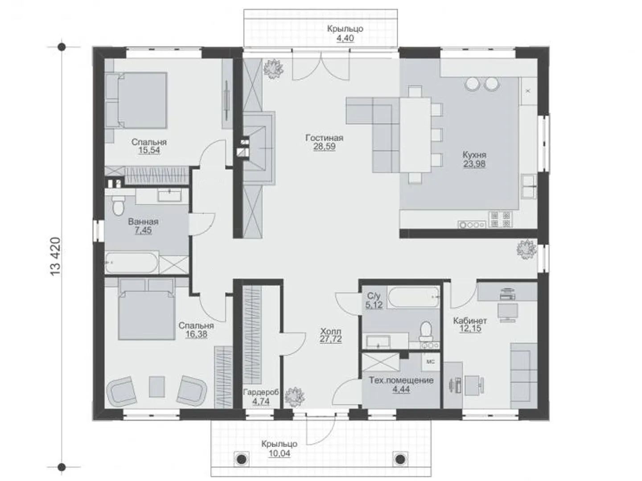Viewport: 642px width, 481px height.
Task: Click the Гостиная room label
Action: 324,137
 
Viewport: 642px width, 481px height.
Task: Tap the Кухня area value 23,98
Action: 474,164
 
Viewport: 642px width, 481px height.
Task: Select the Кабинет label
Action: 470,321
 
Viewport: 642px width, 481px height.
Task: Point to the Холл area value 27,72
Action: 331,339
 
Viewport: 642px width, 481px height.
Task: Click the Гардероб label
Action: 261,392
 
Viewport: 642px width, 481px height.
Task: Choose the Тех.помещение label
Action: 401,380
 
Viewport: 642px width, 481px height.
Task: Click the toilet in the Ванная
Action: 118,206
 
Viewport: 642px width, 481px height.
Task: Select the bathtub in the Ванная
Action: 132,263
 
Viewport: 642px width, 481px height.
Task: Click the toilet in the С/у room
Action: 426,331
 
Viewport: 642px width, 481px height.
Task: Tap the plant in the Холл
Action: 295,397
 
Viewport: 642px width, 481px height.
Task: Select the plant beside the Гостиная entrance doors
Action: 273,69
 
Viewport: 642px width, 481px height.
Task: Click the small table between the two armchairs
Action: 157,387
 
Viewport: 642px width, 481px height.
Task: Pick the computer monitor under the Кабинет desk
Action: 508,312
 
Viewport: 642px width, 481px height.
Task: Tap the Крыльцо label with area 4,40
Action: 345,29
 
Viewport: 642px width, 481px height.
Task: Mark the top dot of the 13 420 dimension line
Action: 62,47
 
